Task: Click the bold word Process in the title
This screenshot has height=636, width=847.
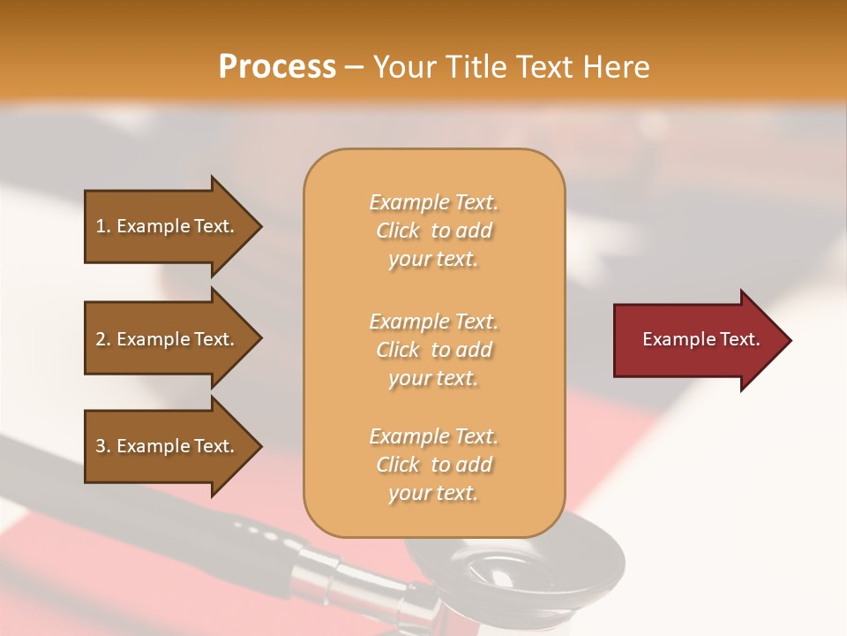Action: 277,66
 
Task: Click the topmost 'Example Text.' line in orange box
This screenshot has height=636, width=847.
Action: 433,202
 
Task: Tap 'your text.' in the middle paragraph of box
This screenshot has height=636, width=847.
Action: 433,378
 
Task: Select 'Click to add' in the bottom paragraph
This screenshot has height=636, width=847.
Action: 433,465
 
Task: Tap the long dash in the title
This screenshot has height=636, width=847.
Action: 354,67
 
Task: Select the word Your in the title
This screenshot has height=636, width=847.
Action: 403,66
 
